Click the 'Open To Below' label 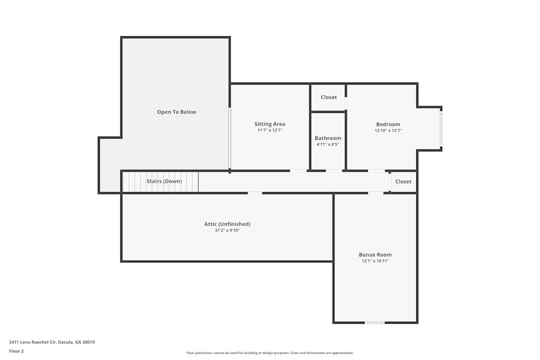(x=177, y=112)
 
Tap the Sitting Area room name (x=269, y=124)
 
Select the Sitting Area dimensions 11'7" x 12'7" (x=269, y=131)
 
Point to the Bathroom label (x=328, y=138)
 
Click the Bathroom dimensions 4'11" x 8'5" (x=328, y=145)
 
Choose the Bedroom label (x=388, y=124)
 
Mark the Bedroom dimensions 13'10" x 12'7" (x=388, y=131)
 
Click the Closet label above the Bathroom (x=329, y=97)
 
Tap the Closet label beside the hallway (x=403, y=182)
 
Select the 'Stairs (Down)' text (x=164, y=181)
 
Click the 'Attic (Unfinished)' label (x=227, y=224)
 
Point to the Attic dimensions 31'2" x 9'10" (x=227, y=230)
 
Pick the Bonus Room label (x=375, y=255)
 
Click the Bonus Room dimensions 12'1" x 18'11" (x=375, y=261)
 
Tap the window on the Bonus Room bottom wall (x=375, y=323)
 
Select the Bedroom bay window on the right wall (x=441, y=128)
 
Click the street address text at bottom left (x=52, y=342)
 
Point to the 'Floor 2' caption (x=16, y=351)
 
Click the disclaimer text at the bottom (x=270, y=353)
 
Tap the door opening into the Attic (x=255, y=193)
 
